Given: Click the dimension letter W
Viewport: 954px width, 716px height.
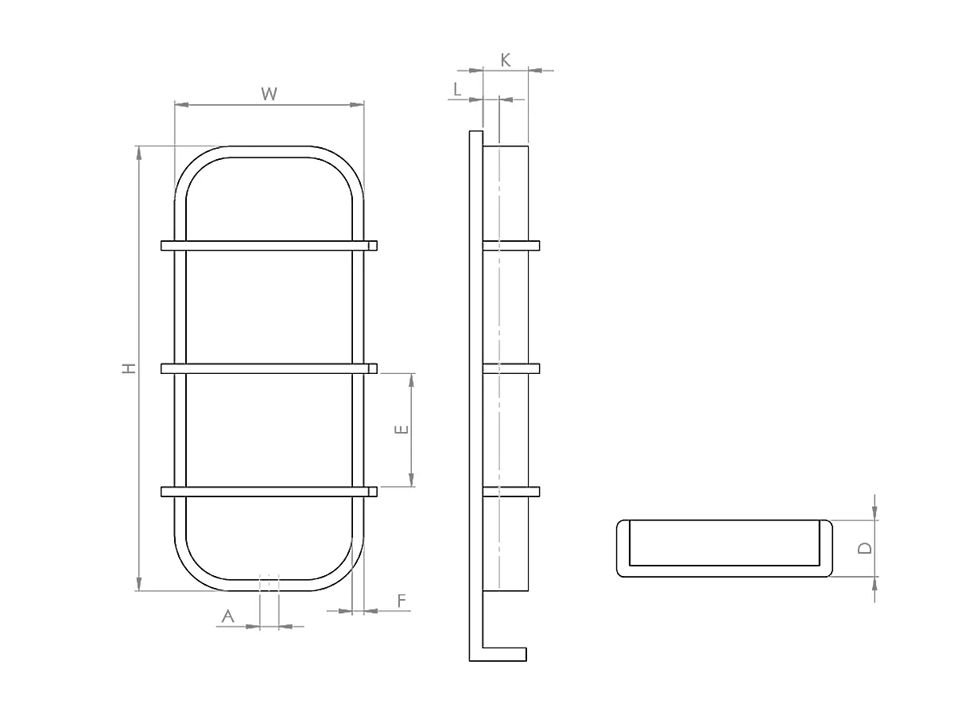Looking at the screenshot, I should click(270, 94).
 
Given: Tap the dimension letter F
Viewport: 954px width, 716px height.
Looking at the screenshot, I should click(401, 600).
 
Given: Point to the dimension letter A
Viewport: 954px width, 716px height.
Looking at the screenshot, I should click(228, 616).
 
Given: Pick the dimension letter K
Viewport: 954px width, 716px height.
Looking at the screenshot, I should click(506, 60).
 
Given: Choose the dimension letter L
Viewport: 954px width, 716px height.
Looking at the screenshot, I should click(457, 89).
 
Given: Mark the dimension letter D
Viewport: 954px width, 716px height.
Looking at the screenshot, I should click(866, 547).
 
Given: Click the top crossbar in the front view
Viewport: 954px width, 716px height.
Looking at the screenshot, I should click(269, 245).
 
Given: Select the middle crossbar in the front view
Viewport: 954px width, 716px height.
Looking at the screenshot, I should click(269, 368).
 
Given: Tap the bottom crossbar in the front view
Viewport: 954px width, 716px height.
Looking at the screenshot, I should click(269, 492).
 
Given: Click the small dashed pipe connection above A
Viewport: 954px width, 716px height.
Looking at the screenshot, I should click(270, 582).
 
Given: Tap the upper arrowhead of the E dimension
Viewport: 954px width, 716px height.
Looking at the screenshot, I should click(412, 379).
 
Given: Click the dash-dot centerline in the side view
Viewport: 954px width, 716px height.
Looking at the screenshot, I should click(498, 318).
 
